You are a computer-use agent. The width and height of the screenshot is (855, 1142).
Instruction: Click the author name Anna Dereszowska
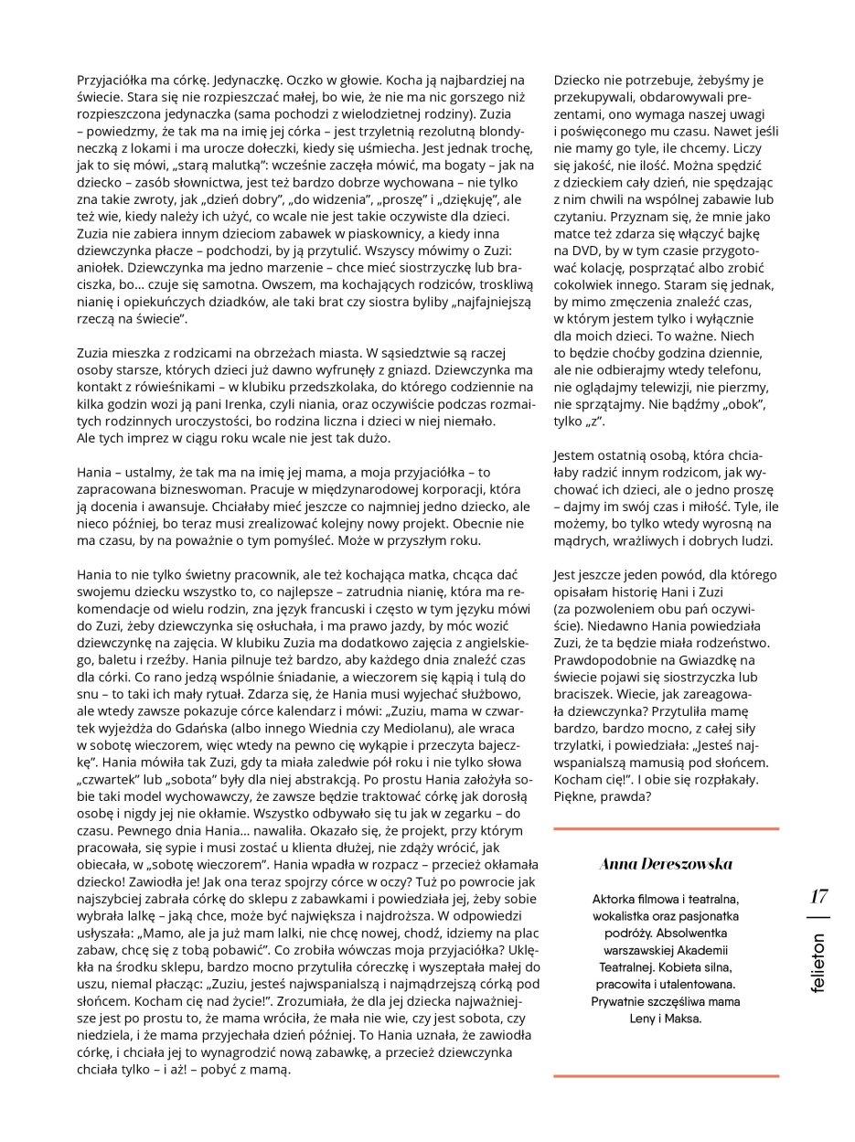[x=666, y=863]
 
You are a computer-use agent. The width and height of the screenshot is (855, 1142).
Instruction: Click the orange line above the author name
[x=666, y=828]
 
